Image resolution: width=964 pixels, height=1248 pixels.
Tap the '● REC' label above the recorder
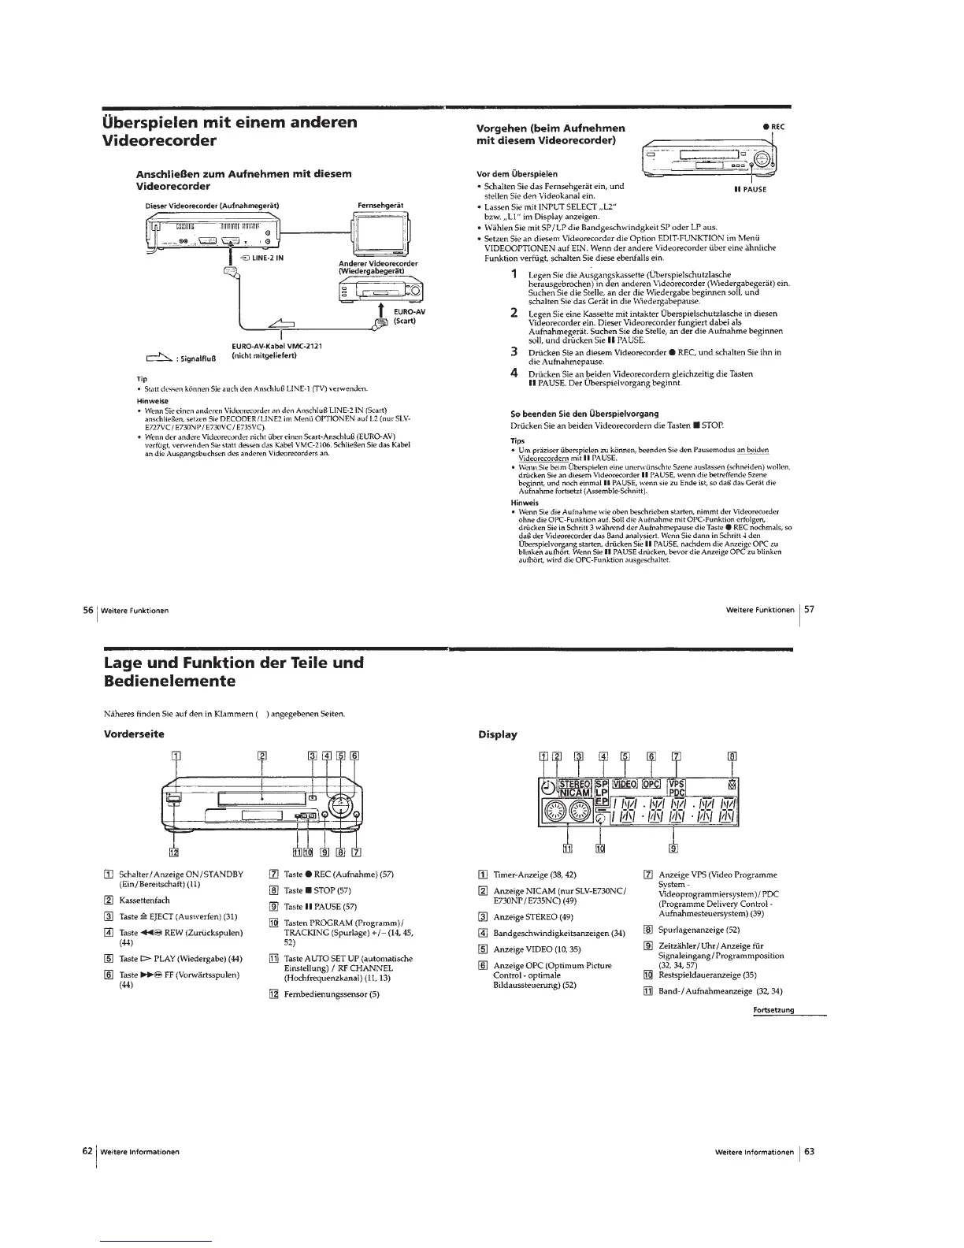pos(774,127)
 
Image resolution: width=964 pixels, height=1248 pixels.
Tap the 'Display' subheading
pos(498,734)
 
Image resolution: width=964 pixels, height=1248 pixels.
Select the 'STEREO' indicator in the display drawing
pos(574,785)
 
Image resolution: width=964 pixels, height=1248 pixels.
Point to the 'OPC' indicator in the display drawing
pos(653,784)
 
